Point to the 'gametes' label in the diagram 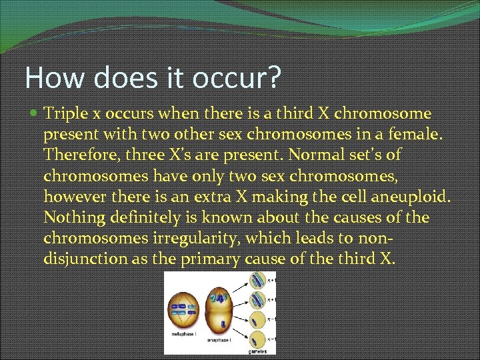pyautogui.click(x=258, y=351)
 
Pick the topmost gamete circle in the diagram pyautogui.click(x=259, y=282)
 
